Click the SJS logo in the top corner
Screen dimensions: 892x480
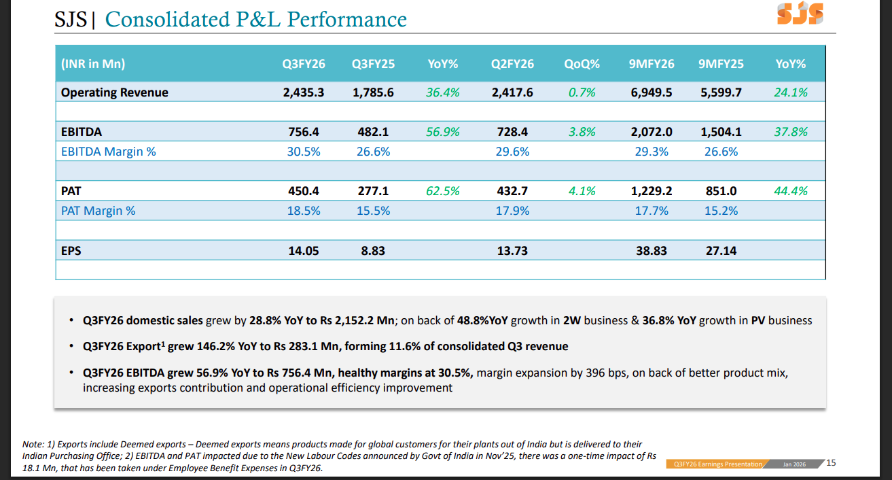point(800,13)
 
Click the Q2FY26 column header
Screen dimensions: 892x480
point(512,64)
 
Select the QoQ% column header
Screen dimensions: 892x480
point(582,64)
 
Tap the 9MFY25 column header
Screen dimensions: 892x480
point(721,64)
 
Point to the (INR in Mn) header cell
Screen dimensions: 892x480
point(93,64)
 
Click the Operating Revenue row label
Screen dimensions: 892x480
point(114,92)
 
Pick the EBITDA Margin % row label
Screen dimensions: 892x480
point(108,152)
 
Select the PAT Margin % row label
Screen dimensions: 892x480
point(98,211)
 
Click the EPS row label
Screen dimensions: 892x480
point(71,251)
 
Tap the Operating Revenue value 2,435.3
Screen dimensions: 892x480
point(304,92)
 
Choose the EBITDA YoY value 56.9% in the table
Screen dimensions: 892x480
point(442,132)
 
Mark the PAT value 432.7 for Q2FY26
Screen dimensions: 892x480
point(512,191)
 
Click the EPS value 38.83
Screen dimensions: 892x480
point(651,251)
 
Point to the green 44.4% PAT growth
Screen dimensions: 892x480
point(791,191)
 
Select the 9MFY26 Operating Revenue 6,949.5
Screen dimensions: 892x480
point(651,92)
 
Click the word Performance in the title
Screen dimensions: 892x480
point(347,19)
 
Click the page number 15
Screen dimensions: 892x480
point(831,463)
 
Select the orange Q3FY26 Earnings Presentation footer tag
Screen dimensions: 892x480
point(717,464)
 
